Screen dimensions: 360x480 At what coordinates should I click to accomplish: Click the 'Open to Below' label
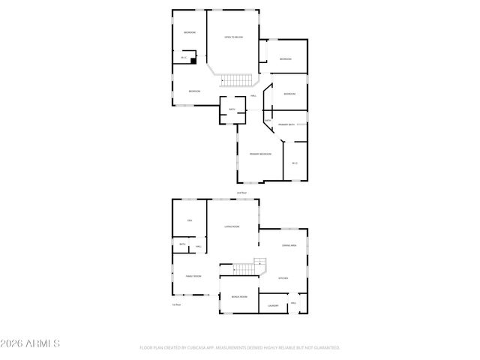[233, 37]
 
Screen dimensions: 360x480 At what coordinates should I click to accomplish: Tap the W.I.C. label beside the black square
[184, 58]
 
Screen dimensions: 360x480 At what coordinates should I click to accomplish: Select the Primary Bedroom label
[259, 154]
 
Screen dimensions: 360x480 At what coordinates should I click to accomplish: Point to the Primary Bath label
[286, 124]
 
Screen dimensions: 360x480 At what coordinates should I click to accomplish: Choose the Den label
[190, 220]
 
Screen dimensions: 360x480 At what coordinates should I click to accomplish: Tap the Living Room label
[232, 226]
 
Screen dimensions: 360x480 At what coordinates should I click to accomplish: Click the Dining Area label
[289, 245]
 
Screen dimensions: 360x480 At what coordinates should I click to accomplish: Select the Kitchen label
[283, 278]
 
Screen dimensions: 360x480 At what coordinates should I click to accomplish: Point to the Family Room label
[194, 277]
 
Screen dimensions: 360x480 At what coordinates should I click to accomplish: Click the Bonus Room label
[239, 297]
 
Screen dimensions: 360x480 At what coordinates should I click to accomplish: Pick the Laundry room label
[273, 305]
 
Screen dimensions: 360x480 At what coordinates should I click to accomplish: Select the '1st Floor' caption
[178, 304]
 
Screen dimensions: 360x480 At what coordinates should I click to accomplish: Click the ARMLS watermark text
[31, 343]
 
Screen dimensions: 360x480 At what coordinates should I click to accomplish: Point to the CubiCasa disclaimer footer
[240, 348]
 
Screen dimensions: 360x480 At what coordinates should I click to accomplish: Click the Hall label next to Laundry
[293, 303]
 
